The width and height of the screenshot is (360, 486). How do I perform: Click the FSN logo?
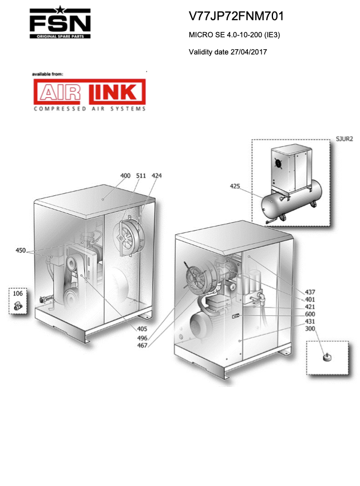pos(60,22)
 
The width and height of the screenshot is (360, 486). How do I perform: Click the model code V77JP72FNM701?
pos(236,16)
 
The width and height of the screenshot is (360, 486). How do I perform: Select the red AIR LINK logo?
pos(89,92)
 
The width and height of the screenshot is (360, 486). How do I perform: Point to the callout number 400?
pos(125,176)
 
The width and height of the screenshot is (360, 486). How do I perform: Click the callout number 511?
pos(141,176)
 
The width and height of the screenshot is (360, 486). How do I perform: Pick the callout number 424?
pos(156,176)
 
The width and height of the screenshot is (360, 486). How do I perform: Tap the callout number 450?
pos(21,250)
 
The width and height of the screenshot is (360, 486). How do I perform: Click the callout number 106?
pos(18,293)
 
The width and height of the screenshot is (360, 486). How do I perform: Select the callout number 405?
pos(142,329)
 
